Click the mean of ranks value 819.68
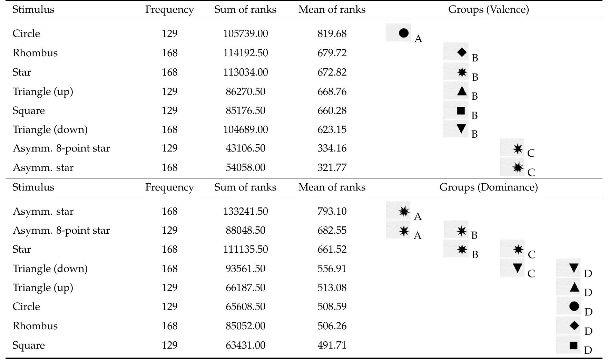[332, 33]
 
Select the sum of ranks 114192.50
[245, 53]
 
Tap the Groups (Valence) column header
[488, 9]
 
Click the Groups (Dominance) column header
[488, 187]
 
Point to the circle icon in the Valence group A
[403, 33]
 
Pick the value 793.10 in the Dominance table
[332, 211]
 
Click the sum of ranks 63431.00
[245, 345]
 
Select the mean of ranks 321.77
[332, 167]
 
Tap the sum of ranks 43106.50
[245, 148]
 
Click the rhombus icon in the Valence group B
[461, 52]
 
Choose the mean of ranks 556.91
[332, 269]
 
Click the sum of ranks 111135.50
[245, 249]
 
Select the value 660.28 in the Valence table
[332, 110]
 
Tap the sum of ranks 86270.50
[245, 91]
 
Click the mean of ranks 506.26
[332, 326]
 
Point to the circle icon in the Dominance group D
[574, 306]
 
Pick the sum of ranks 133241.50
[245, 211]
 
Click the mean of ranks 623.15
[332, 129]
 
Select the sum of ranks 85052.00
[245, 326]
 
